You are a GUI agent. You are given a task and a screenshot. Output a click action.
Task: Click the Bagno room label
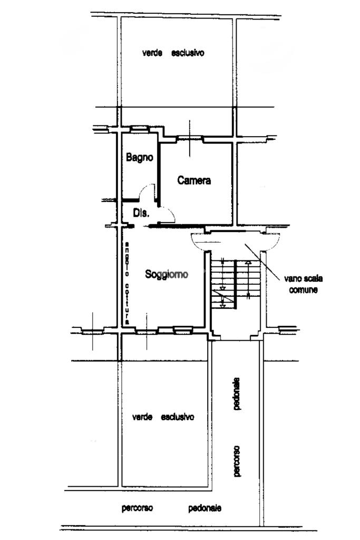click(x=139, y=158)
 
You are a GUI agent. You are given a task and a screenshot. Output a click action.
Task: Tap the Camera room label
click(x=194, y=180)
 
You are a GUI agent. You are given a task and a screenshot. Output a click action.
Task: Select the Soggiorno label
click(x=167, y=274)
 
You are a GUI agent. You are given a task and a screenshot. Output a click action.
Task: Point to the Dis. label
click(x=141, y=213)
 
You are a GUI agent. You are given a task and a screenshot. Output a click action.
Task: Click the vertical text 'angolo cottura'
click(x=127, y=283)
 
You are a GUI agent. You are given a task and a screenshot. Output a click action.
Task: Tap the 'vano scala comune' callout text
click(x=303, y=284)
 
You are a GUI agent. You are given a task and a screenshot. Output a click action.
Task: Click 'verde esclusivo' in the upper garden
click(x=173, y=53)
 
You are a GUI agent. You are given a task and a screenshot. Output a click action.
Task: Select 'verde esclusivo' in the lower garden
click(x=163, y=417)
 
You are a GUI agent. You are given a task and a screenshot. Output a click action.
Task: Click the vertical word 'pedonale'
click(x=237, y=393)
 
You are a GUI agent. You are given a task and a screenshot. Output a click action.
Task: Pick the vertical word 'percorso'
click(x=237, y=461)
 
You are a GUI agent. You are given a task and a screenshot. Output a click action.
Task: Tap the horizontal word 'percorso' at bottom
click(x=138, y=508)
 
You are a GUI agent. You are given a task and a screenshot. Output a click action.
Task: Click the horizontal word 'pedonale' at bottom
click(x=205, y=508)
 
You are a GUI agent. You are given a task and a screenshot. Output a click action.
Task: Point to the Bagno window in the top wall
click(x=140, y=129)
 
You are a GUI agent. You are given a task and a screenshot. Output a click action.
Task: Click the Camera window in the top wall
click(x=189, y=139)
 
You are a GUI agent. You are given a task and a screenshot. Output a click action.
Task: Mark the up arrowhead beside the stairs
click(x=248, y=263)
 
